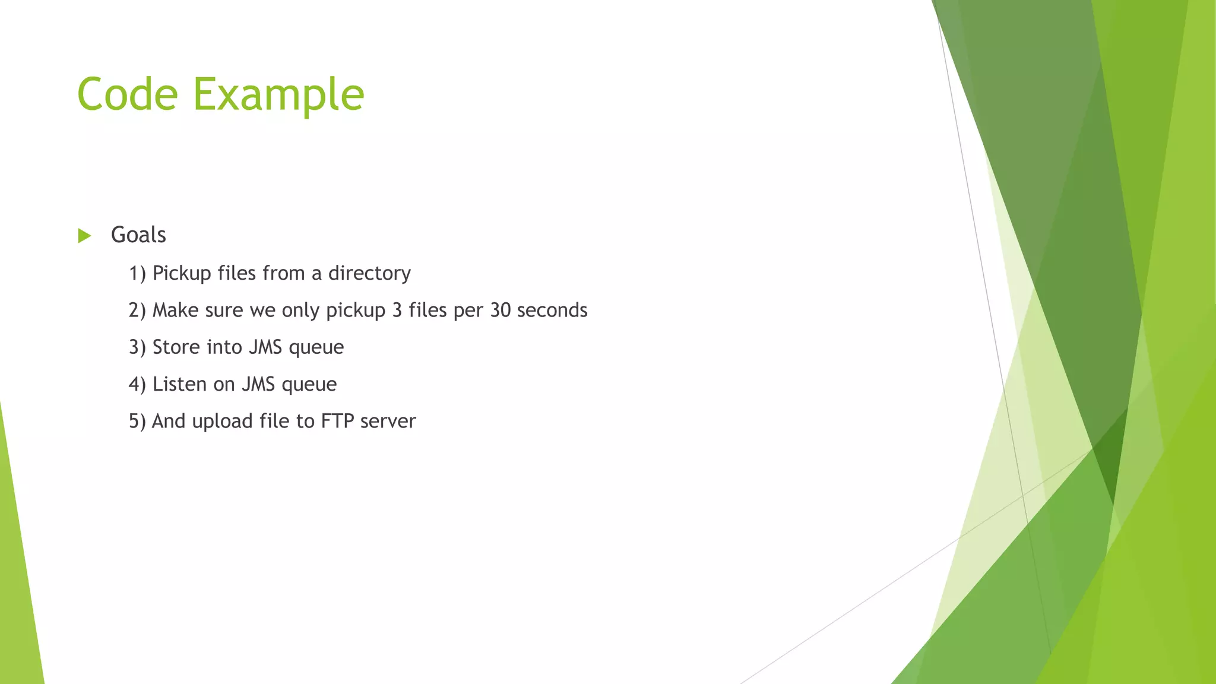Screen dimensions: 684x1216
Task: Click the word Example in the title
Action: [x=278, y=95]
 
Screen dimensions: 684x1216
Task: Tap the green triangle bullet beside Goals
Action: [x=84, y=236]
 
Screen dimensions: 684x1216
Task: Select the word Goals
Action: [x=138, y=235]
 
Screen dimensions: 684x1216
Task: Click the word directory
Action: [x=369, y=273]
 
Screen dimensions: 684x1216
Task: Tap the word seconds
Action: [x=552, y=310]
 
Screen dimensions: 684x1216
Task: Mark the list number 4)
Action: [x=137, y=384]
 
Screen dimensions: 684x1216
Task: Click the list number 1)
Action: [x=137, y=273]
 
